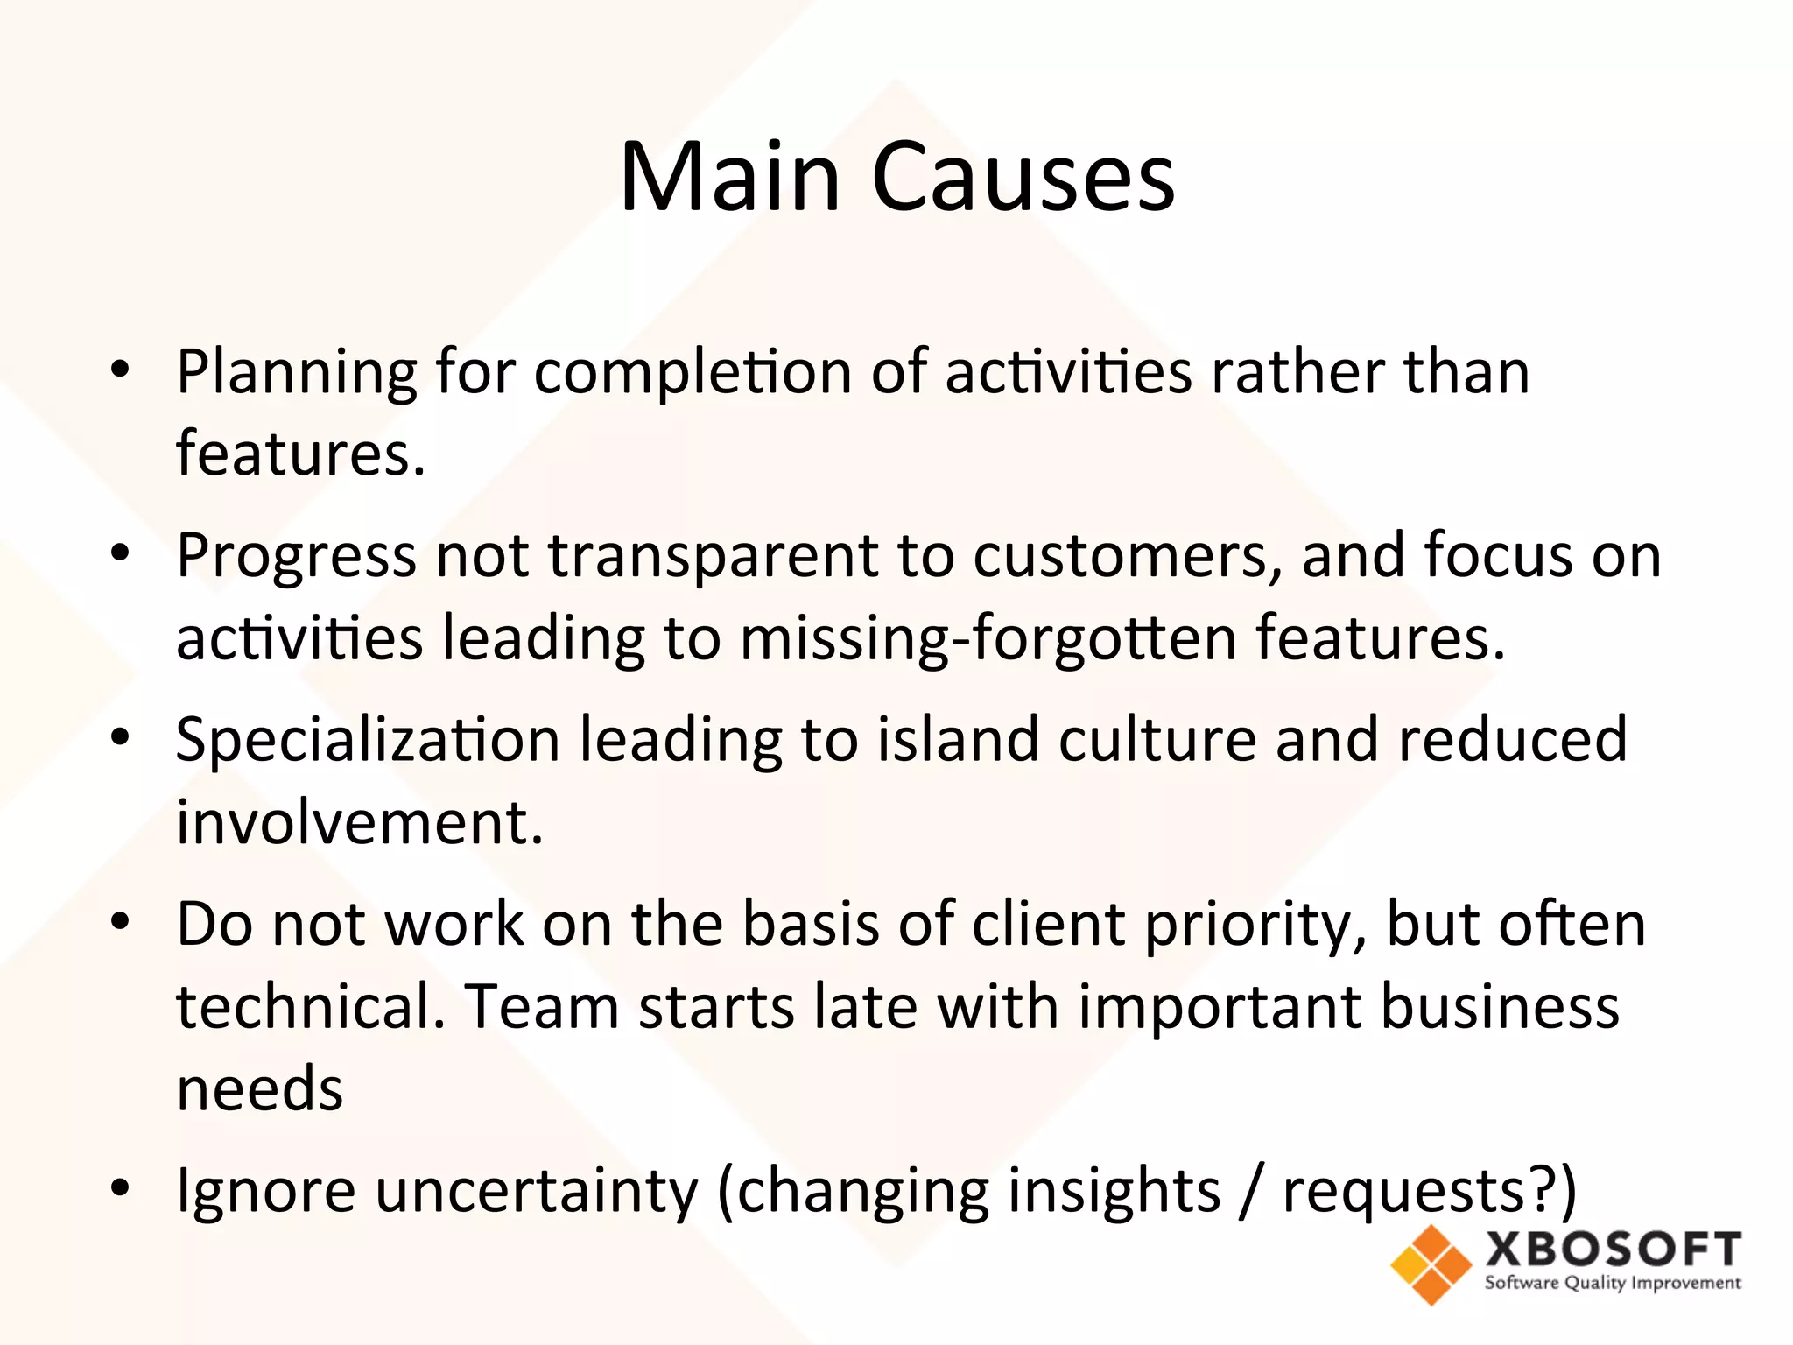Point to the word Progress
tap(296, 558)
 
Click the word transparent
tap(712, 558)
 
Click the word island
tap(958, 740)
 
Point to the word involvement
tap(359, 823)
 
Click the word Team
tap(541, 1007)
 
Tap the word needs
tap(260, 1090)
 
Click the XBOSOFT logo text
tap(1613, 1250)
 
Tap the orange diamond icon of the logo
tap(1431, 1264)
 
